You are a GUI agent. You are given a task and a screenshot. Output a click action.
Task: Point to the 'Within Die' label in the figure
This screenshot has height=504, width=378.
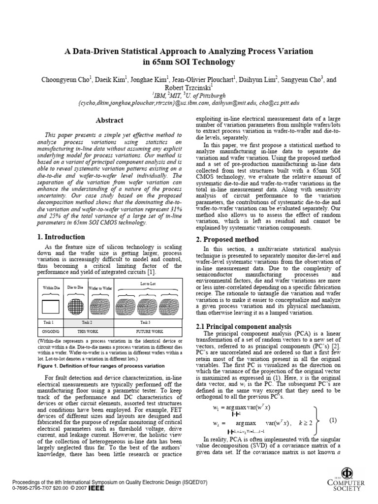click(52, 287)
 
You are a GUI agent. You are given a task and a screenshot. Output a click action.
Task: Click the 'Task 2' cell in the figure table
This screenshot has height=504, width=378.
click(88, 321)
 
